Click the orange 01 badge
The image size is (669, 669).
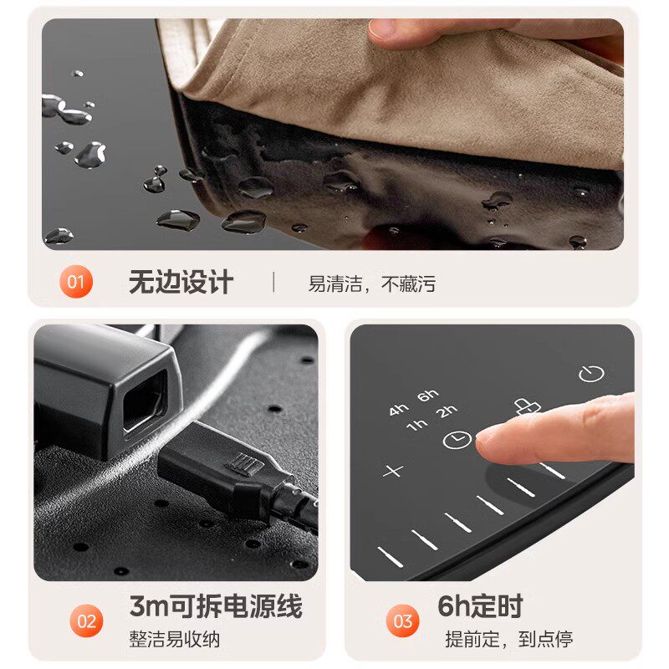point(76,282)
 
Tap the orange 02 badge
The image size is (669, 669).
point(86,620)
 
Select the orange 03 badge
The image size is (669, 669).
point(403,620)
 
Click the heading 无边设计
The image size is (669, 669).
point(181,282)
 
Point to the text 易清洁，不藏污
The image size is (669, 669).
point(371,283)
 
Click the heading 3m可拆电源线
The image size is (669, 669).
point(216,605)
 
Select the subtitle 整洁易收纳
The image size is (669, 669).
point(175,639)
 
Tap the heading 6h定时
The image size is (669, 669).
point(480,605)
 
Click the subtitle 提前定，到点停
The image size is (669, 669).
point(509,639)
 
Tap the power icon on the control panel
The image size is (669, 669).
point(591,374)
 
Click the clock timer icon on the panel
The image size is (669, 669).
point(457,440)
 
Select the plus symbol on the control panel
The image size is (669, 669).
point(393,471)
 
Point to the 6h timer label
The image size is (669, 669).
point(428,396)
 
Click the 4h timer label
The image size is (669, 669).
point(399,410)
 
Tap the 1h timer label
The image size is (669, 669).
point(416,425)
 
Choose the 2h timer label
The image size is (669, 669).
point(447,411)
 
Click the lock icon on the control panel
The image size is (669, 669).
point(527,407)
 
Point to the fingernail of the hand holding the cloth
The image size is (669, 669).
point(381,29)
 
